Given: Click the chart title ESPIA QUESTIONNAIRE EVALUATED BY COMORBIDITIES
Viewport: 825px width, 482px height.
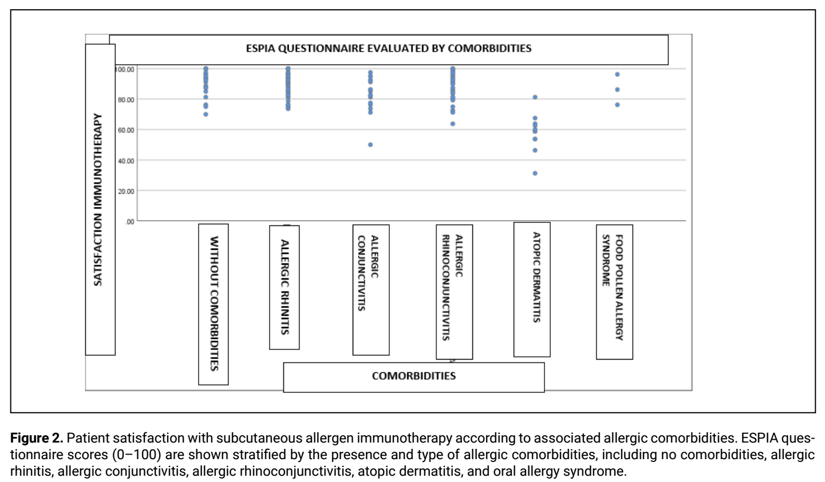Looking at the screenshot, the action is pos(389,48).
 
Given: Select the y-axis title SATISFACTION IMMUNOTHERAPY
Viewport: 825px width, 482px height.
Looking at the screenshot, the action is pos(98,200).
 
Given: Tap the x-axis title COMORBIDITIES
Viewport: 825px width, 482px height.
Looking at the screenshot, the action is pos(413,376).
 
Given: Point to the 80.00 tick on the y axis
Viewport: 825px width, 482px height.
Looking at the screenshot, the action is pos(126,99).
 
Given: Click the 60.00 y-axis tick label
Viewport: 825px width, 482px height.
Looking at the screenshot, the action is pos(126,130).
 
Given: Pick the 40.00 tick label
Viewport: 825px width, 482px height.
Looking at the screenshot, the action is pos(126,161).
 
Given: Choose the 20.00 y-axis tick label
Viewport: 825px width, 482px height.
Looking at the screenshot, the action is pos(126,192).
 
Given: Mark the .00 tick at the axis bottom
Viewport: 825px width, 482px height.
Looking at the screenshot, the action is pos(129,222).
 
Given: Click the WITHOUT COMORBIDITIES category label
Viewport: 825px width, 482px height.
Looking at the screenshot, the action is pos(214,304).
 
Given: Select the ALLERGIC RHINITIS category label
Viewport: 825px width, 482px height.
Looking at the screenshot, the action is pos(285,287).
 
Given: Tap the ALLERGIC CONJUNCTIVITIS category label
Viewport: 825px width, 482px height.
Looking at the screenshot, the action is pos(368,273).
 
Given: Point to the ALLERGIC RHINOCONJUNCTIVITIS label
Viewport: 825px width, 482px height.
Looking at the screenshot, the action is pos(452,288).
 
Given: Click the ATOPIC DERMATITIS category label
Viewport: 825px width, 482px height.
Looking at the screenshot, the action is pos(536,277).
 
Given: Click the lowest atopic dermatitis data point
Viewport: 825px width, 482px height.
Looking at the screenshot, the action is pos(535,173).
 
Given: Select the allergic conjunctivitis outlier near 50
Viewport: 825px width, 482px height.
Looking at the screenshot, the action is pos(370,145).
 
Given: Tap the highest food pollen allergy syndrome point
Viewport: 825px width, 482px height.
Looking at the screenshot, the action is pos(617,74).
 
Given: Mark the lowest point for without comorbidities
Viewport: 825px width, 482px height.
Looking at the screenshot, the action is pos(206,114).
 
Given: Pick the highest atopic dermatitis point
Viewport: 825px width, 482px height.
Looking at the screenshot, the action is pos(535,97).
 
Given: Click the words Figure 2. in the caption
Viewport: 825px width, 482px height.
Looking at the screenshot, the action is pos(37,438).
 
